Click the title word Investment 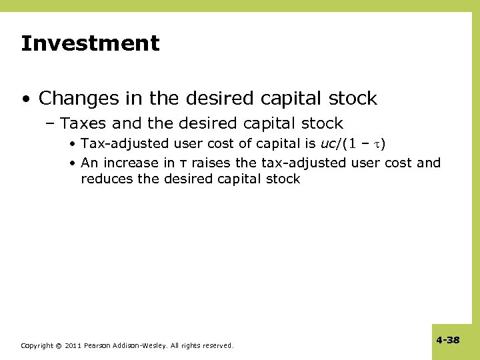pos(90,44)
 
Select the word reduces pos(104,179)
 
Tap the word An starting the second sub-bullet pos(89,163)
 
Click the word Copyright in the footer pos(37,345)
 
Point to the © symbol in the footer pos(59,345)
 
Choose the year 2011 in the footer pos(73,345)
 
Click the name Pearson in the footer pos(98,345)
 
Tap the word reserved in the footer pos(217,345)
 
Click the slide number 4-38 pos(448,340)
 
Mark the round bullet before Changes pos(25,99)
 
